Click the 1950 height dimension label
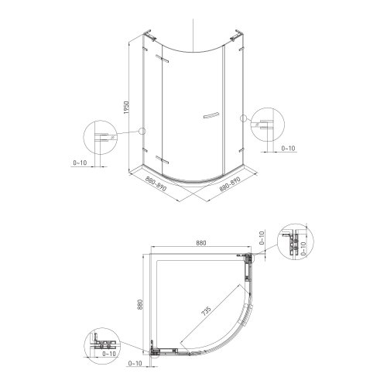click(x=126, y=108)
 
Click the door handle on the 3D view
click(x=211, y=115)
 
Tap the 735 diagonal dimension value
click(x=207, y=311)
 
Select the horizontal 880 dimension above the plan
click(x=201, y=243)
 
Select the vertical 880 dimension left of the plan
click(x=140, y=304)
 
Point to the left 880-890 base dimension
click(x=156, y=183)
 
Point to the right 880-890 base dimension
click(x=230, y=184)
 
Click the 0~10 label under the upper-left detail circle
click(x=80, y=163)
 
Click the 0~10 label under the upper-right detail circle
click(x=288, y=149)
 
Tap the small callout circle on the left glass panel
click(x=142, y=131)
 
